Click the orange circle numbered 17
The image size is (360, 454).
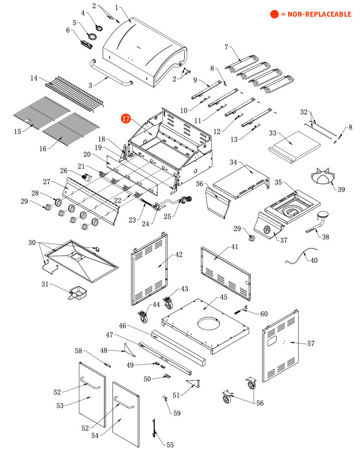[x=125, y=119]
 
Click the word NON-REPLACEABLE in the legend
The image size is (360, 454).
[x=319, y=14]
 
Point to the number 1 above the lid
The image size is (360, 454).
[x=117, y=8]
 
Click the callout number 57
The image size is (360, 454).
[x=311, y=344]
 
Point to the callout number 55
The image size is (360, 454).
[x=170, y=445]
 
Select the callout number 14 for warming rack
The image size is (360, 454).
[x=34, y=78]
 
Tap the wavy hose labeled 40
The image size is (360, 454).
[x=300, y=256]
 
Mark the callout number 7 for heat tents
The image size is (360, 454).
[x=226, y=47]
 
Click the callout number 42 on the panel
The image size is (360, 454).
[x=179, y=255]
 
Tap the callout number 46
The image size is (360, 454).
[x=122, y=326]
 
